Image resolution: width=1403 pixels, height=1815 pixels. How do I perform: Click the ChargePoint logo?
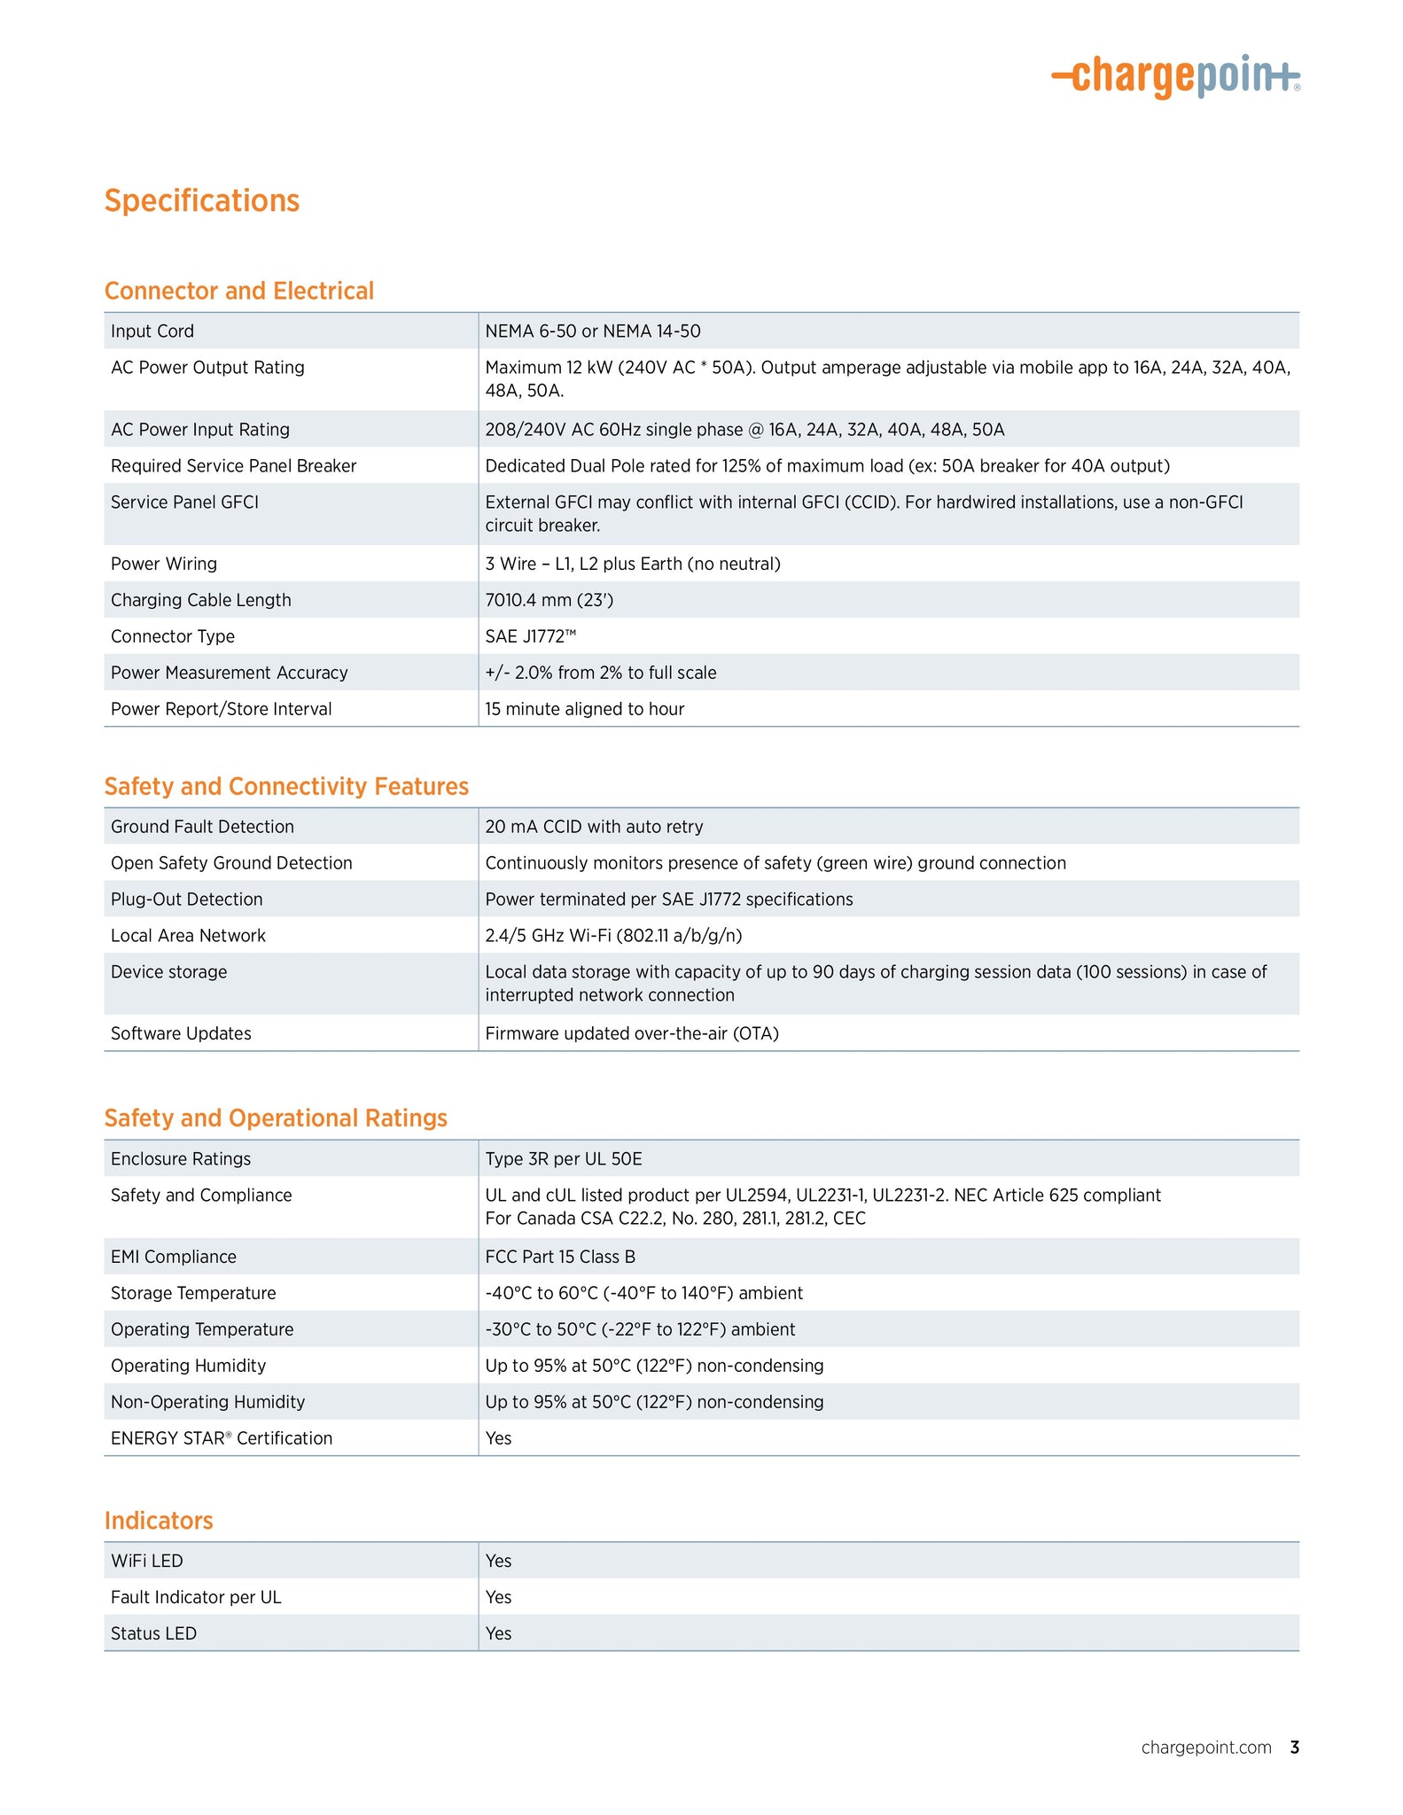tap(1175, 76)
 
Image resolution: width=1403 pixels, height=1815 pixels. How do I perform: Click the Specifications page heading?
tap(202, 201)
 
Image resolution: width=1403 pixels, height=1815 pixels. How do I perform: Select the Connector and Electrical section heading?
tap(239, 291)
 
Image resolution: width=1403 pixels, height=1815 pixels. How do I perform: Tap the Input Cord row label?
tap(152, 331)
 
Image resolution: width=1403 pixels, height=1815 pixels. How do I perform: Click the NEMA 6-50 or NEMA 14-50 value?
tap(593, 331)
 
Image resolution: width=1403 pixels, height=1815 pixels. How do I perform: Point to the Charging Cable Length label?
tap(201, 600)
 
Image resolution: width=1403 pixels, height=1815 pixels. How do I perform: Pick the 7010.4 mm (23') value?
tap(550, 600)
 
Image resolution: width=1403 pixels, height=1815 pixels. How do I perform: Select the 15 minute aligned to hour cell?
tap(585, 709)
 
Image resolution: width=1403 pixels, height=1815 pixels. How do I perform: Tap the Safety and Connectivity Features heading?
tap(286, 786)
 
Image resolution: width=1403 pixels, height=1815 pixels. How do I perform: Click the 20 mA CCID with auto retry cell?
tap(594, 827)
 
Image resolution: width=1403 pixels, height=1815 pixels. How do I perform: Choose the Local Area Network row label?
tap(188, 936)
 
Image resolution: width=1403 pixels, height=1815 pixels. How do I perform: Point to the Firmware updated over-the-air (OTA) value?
tap(632, 1033)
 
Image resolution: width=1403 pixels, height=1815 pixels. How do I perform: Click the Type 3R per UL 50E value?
tap(564, 1159)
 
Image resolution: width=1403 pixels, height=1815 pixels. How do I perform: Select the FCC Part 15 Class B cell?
tap(560, 1257)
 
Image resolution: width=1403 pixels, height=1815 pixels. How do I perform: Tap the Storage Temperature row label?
tap(193, 1293)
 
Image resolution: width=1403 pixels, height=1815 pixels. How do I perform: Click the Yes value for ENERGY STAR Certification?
tap(499, 1438)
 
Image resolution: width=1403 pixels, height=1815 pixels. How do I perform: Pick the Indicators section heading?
tap(159, 1521)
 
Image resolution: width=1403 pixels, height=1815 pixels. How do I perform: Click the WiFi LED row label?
tap(147, 1561)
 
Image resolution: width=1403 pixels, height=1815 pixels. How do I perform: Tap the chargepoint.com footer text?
tap(1206, 1748)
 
